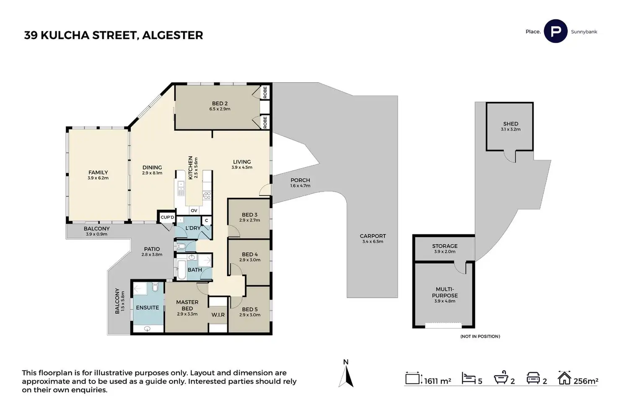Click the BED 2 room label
click(x=220, y=103)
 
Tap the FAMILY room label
click(x=98, y=172)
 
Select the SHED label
click(x=511, y=124)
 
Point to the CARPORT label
click(x=373, y=236)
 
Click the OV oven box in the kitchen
click(x=194, y=211)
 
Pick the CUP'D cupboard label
click(x=168, y=217)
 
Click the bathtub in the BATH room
click(x=181, y=269)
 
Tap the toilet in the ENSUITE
click(x=155, y=287)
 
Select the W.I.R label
click(x=218, y=315)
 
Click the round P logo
click(x=555, y=31)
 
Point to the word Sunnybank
click(x=584, y=32)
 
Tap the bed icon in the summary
click(x=469, y=378)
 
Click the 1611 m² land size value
click(x=438, y=381)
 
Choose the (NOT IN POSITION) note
click(x=480, y=336)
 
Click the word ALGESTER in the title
click(x=172, y=35)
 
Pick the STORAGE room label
click(x=445, y=246)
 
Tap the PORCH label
click(x=300, y=180)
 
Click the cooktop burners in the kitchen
click(x=207, y=196)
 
